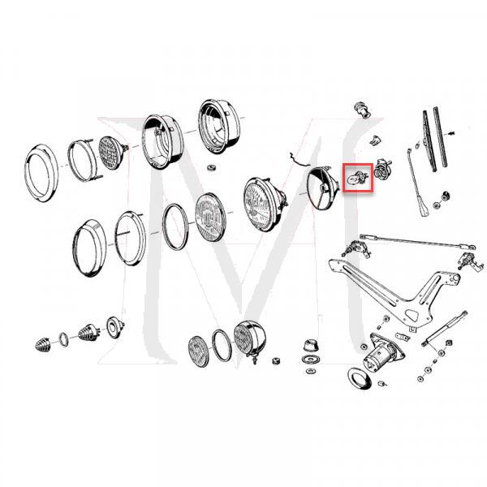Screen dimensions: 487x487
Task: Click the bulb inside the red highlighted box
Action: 356,179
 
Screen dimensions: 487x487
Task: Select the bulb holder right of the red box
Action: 382,169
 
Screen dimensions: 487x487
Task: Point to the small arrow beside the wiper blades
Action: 452,134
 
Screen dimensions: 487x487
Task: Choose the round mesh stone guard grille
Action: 110,153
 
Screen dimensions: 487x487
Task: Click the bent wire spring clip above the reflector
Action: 298,160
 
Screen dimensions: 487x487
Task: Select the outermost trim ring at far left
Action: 41,173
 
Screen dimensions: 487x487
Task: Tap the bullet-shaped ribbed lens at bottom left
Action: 42,345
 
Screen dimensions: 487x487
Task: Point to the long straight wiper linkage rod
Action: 418,242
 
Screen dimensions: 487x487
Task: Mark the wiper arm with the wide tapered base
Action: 417,183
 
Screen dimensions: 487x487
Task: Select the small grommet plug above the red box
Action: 362,110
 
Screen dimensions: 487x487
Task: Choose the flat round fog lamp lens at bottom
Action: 200,351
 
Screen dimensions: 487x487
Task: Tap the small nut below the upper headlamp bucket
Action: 211,168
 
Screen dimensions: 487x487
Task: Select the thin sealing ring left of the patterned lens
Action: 175,226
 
